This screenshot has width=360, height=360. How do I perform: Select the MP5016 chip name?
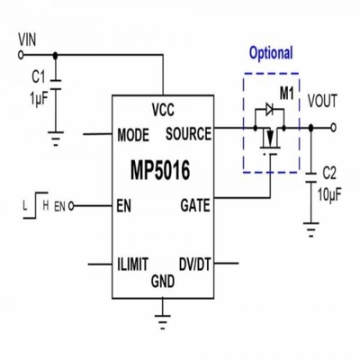163,169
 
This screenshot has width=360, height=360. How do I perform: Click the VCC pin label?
163,111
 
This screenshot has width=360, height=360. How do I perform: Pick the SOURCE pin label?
188,134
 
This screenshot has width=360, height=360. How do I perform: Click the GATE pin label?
194,204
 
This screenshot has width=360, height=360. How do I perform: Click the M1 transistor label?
287,93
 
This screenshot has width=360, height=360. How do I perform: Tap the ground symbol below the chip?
163,315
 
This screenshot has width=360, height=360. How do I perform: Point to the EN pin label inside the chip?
123,205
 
